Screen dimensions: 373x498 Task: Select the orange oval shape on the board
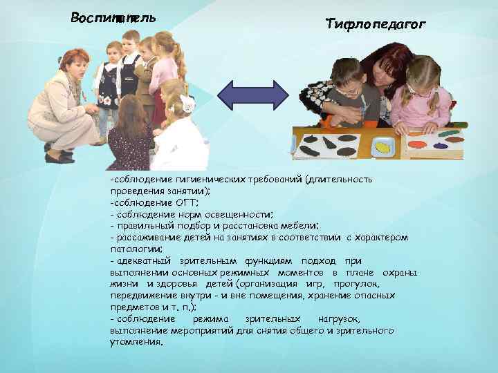417,145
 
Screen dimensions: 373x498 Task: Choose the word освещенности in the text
223,214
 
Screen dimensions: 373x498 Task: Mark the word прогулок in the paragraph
355,283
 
